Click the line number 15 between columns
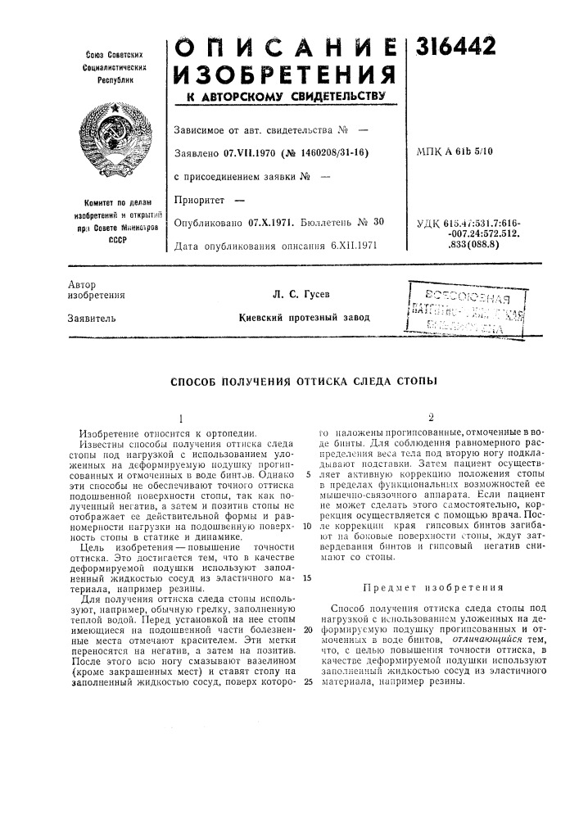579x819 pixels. (306, 577)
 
